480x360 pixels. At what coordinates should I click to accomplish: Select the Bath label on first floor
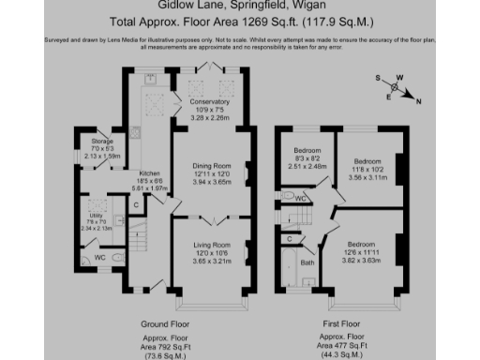click(x=307, y=262)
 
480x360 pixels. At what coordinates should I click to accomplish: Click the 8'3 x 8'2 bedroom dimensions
click(x=307, y=160)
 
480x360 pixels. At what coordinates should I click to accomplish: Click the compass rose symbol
click(x=397, y=90)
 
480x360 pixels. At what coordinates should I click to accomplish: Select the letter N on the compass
click(x=418, y=100)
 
